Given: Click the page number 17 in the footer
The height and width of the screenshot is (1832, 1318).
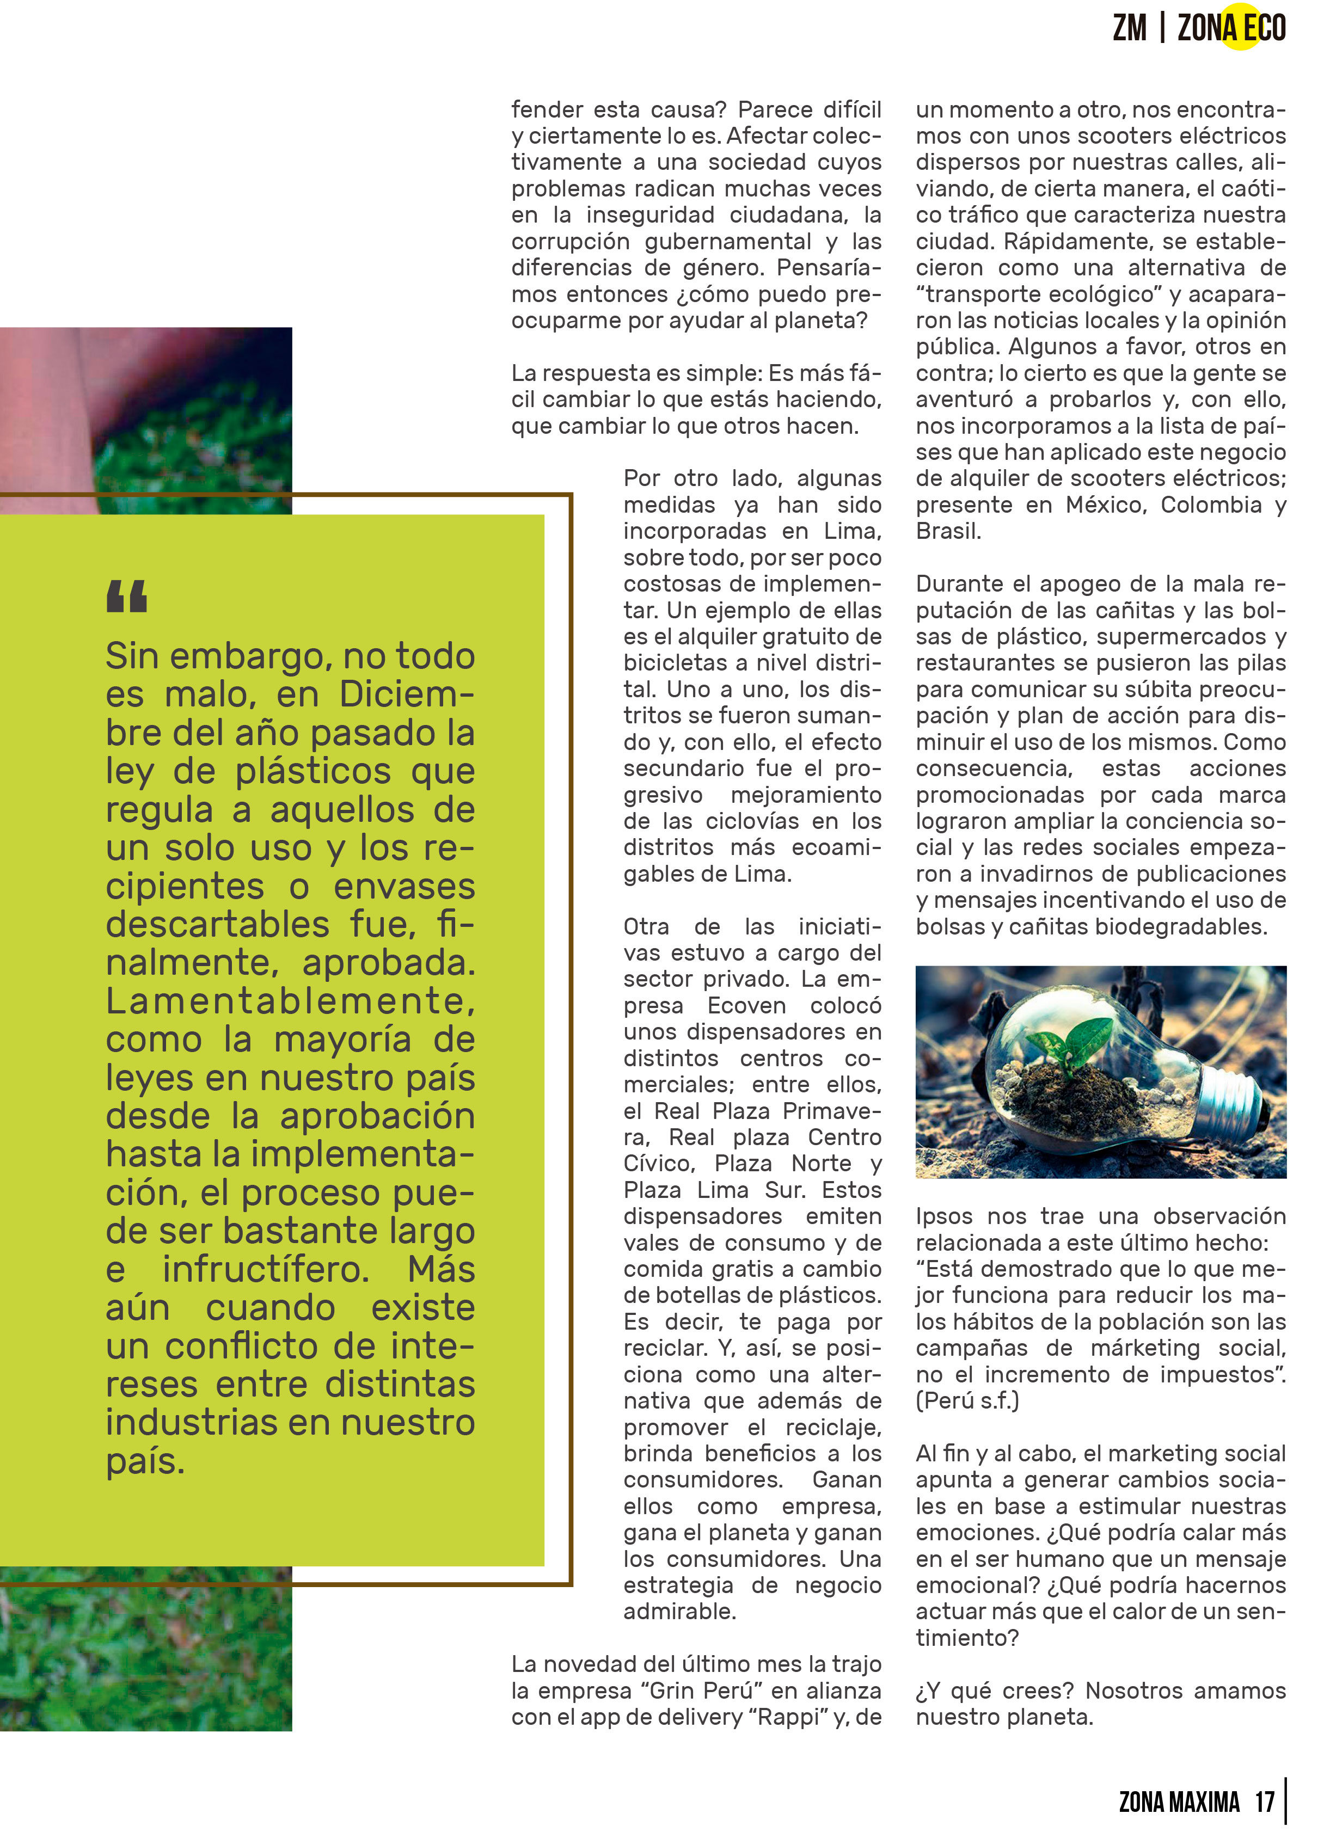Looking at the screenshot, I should pyautogui.click(x=1264, y=1802).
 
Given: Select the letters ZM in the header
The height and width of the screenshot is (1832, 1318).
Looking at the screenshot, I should pyautogui.click(x=1129, y=28).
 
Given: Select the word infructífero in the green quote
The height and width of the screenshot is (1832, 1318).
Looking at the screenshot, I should pyautogui.click(x=266, y=1269).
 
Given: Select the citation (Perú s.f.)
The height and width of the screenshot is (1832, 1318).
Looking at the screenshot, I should pyautogui.click(x=967, y=1400).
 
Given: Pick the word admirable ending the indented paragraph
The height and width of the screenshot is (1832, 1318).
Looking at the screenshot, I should pyautogui.click(x=679, y=1612).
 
